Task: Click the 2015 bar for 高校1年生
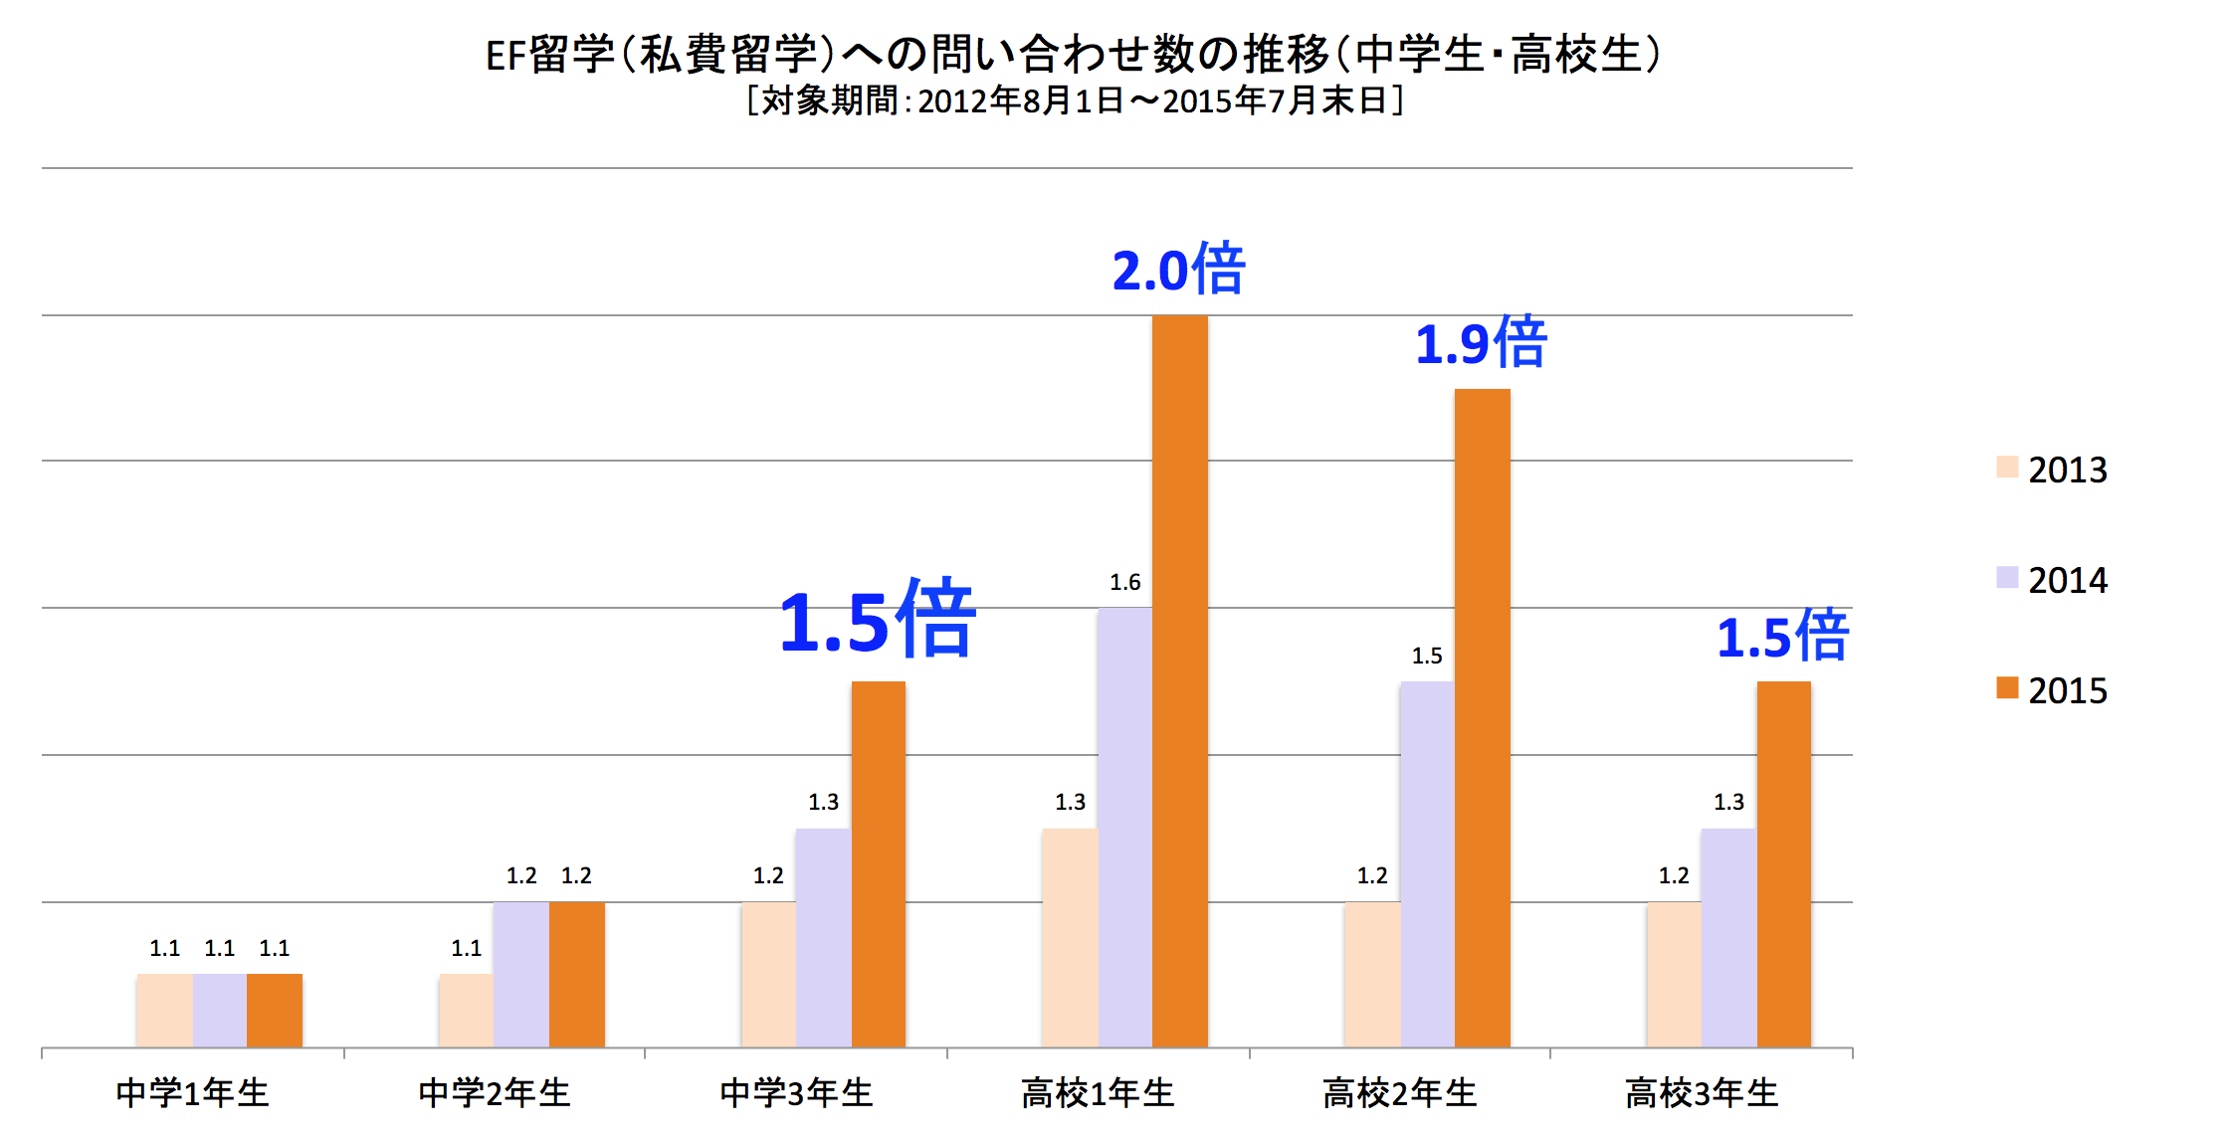1179,681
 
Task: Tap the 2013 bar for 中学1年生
164,1010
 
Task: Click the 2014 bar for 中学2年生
520,974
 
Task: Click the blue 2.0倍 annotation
1178,270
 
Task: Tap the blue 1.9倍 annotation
1481,343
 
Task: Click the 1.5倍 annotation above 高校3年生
1782,637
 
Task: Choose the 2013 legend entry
2052,470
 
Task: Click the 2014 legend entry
2052,580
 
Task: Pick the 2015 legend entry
2052,690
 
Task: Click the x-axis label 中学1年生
192,1093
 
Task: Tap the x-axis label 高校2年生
1399,1093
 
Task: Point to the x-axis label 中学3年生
796,1093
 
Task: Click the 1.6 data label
1124,582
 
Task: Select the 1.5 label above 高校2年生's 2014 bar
1426,656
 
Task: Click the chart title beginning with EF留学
1073,55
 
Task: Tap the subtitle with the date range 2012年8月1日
1075,100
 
